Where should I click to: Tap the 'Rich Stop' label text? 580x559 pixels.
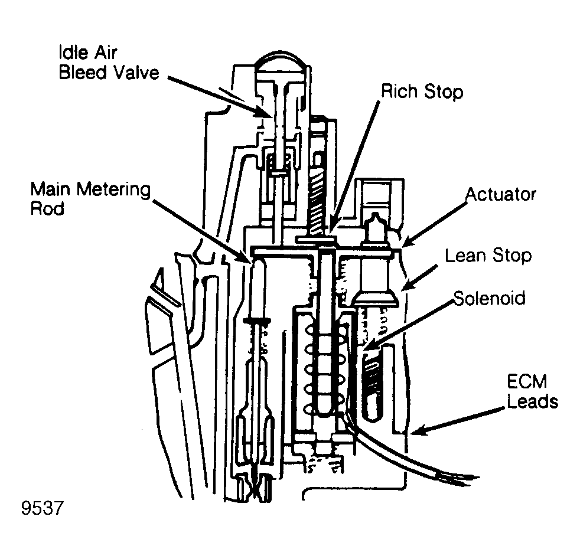click(x=422, y=92)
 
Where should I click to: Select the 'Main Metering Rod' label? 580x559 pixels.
click(x=91, y=199)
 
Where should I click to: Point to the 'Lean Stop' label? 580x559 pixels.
click(x=488, y=256)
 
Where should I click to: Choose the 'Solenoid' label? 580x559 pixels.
click(x=489, y=299)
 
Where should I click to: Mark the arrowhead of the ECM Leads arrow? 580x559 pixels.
click(x=414, y=434)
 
